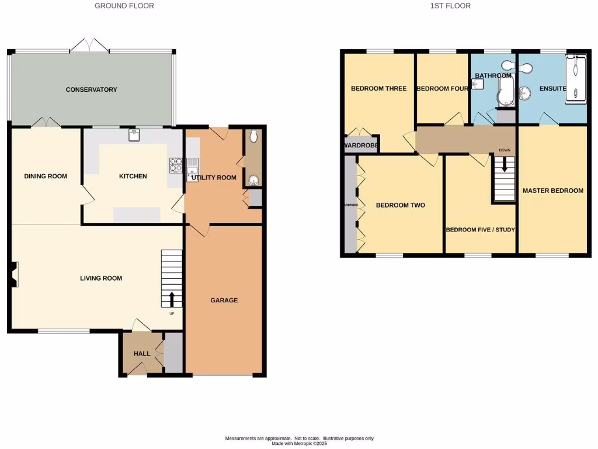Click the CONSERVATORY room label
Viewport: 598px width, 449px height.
(x=91, y=89)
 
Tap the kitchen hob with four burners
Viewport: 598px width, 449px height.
(x=176, y=165)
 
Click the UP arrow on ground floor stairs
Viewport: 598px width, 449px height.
(x=172, y=299)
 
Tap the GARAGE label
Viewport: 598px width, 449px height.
(x=224, y=300)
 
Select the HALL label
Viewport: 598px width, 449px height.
(x=142, y=354)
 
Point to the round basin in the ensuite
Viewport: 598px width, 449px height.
(x=524, y=92)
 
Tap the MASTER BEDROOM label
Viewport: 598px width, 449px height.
(x=552, y=191)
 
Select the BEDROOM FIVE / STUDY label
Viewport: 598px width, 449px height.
(x=480, y=230)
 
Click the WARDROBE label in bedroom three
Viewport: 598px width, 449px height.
(x=361, y=145)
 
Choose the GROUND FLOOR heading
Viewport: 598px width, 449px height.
(x=125, y=6)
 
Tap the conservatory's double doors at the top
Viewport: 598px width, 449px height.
(x=89, y=46)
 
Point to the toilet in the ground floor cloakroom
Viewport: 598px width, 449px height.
(x=252, y=137)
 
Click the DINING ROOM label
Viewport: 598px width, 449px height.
(x=46, y=176)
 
